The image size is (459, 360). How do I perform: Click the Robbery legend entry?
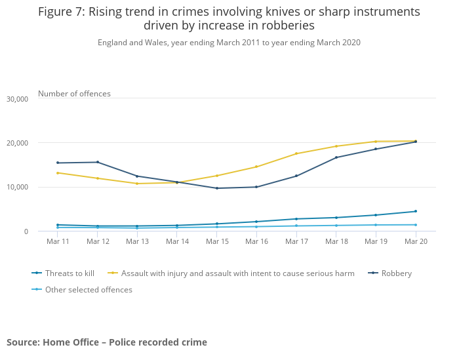396,273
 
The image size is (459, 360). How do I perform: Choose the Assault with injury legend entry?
237,273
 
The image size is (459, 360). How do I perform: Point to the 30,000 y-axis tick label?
17,99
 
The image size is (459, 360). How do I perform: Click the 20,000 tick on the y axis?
17,143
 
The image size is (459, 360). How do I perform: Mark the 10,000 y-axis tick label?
17,188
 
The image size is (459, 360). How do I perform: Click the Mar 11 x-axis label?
58,241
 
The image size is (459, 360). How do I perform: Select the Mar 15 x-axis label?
217,241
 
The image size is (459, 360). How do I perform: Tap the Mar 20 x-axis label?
416,241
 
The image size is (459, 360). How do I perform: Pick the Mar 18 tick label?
336,241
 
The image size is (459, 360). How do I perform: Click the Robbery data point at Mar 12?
98,162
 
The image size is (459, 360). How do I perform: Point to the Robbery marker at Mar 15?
217,188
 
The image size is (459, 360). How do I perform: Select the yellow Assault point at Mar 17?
296,153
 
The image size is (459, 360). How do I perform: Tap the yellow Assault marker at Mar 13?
137,184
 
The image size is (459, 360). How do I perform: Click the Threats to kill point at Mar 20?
416,211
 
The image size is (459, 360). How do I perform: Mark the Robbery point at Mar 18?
336,157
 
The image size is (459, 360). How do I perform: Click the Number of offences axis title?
74,94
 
